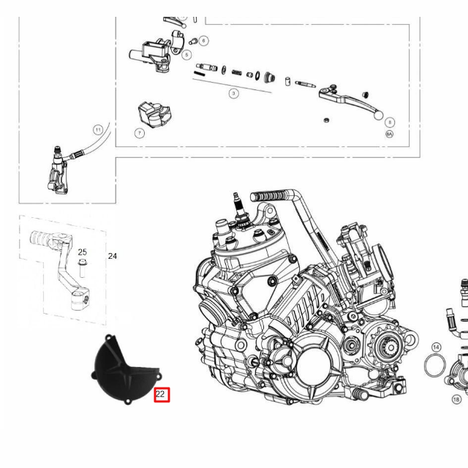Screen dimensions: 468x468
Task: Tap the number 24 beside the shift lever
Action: tap(113, 256)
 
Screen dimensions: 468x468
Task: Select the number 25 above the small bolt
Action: tap(83, 252)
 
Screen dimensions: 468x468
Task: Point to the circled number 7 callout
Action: tap(139, 133)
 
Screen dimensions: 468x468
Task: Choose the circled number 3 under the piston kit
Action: tap(233, 94)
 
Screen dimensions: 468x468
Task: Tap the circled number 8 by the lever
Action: tap(390, 122)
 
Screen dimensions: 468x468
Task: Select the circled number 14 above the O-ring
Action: tap(436, 347)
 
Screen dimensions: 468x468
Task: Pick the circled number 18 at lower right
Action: tap(456, 399)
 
